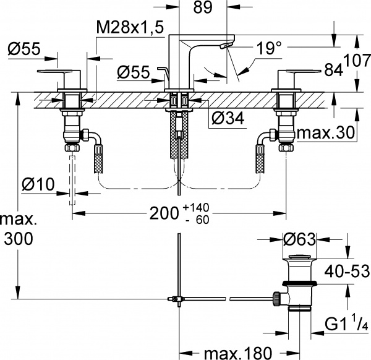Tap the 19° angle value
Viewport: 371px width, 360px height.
tap(270, 46)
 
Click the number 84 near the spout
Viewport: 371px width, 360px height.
tap(335, 69)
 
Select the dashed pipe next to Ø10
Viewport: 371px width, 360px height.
tap(73, 179)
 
